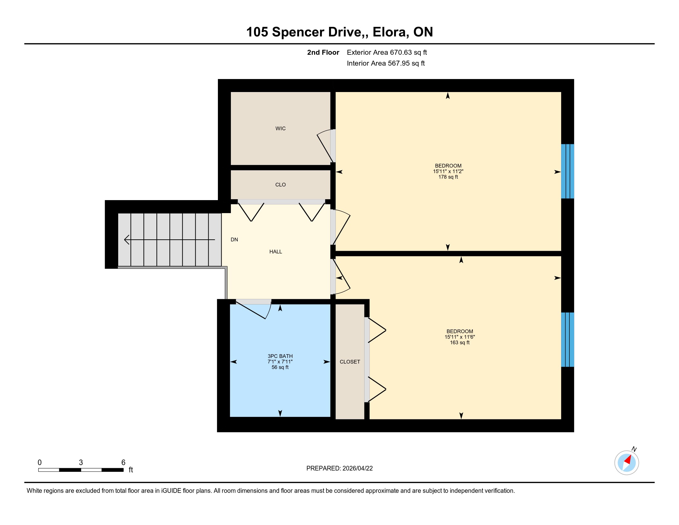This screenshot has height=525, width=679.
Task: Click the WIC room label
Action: tap(280, 128)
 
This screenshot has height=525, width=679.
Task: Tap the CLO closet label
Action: tap(280, 185)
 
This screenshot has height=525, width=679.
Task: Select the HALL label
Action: tap(275, 252)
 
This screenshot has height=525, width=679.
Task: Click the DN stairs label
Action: tap(234, 239)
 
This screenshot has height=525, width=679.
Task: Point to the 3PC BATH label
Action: tap(280, 356)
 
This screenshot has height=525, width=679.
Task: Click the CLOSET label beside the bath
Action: tap(350, 362)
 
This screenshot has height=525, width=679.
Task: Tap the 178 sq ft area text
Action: tap(448, 177)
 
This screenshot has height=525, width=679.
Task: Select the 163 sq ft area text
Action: tap(460, 342)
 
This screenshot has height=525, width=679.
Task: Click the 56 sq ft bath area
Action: tap(280, 367)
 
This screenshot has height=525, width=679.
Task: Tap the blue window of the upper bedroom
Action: tap(567, 171)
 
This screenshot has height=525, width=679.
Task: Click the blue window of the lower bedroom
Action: tap(567, 340)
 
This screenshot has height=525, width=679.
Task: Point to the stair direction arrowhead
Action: tap(127, 239)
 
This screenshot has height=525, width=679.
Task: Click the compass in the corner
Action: tap(627, 463)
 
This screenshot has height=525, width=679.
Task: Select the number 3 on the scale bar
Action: tap(81, 463)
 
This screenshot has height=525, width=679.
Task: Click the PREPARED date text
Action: tap(339, 468)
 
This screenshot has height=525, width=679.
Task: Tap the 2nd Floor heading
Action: tap(323, 52)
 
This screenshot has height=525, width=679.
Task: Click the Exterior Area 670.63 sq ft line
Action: tap(387, 52)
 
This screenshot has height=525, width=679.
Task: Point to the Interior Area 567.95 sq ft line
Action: tap(385, 63)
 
